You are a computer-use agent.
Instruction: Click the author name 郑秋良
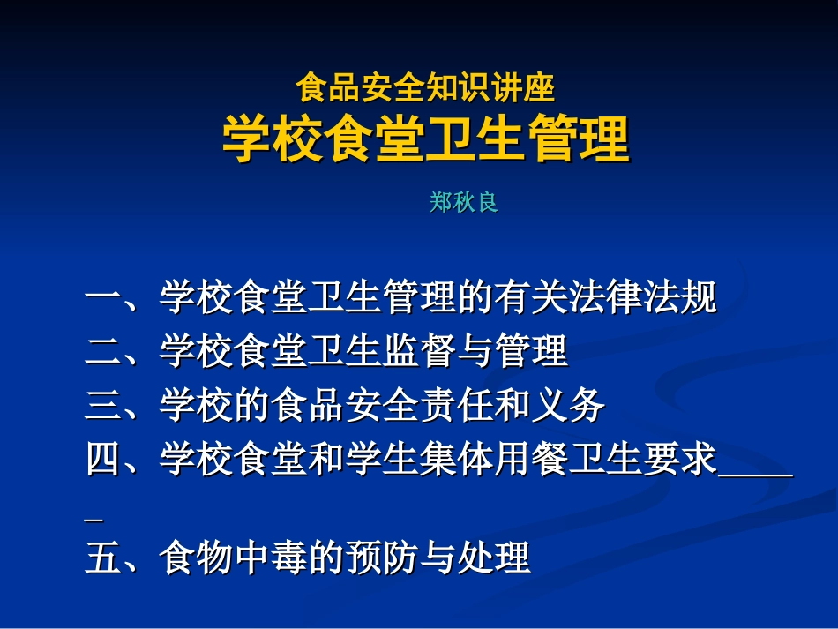point(464,203)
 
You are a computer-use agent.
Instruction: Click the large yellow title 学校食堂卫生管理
point(425,139)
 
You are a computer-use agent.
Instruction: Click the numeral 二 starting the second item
point(103,352)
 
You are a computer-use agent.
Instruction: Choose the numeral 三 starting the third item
point(103,406)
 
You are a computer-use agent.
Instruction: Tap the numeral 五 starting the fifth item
point(103,558)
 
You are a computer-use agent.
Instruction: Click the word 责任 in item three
point(456,406)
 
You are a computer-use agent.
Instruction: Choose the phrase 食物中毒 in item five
point(233,558)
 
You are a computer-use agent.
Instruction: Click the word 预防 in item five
point(382,558)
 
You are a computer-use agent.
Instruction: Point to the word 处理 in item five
point(493,558)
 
